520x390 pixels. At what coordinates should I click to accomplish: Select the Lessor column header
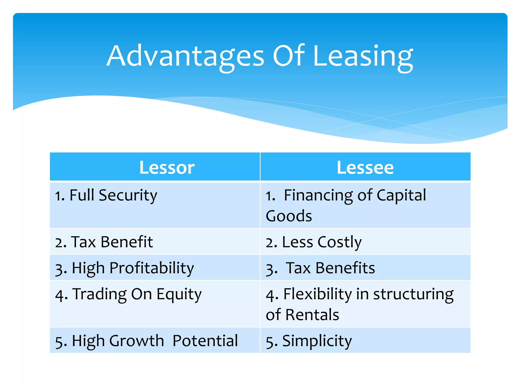tap(167, 168)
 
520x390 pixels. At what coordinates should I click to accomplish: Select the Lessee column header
tap(365, 168)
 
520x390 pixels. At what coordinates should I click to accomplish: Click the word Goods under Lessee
tap(289, 216)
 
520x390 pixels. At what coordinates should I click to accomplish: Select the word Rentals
tap(312, 315)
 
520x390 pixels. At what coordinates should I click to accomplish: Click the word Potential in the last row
tap(205, 341)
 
